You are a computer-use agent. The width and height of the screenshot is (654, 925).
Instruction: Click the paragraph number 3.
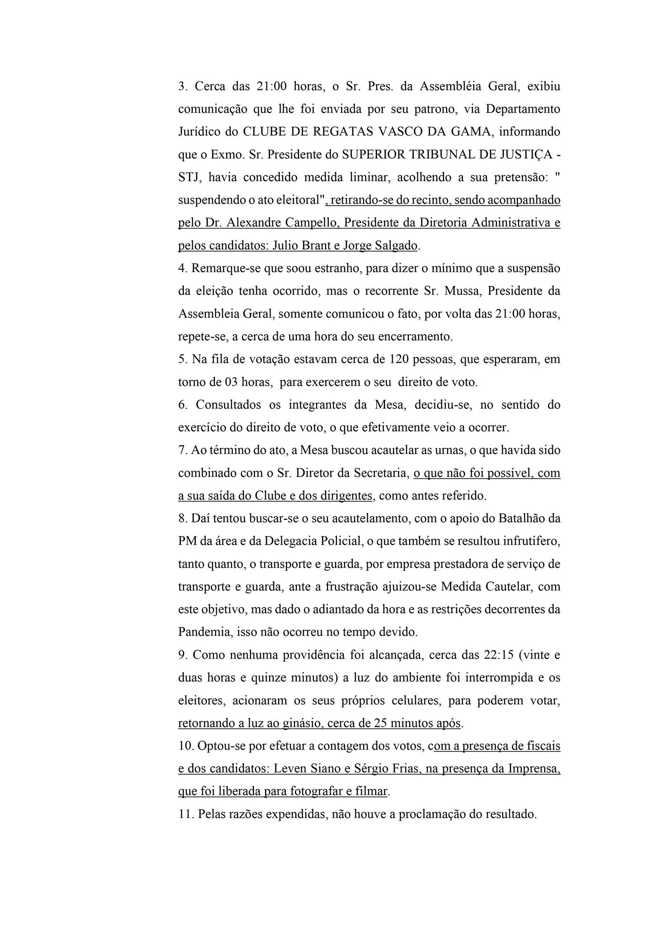click(182, 87)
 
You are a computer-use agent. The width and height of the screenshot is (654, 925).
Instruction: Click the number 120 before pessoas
click(398, 360)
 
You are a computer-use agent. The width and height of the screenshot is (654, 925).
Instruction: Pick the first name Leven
click(288, 769)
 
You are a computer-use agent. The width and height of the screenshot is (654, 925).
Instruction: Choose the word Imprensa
click(533, 769)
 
